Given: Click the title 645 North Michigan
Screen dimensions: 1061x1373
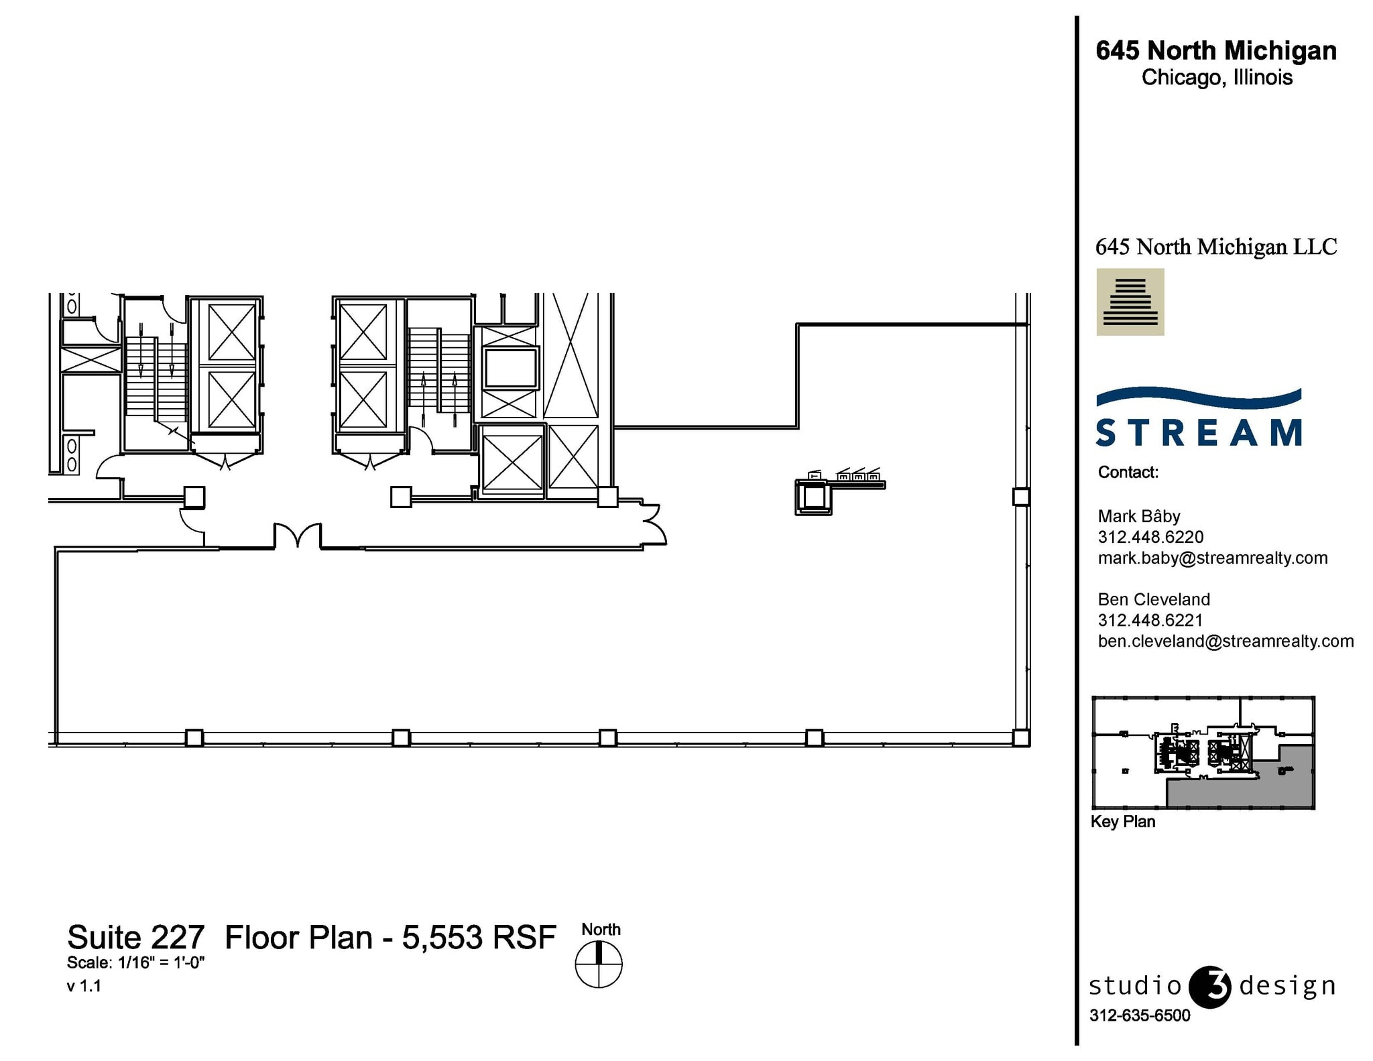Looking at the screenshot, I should [1215, 51].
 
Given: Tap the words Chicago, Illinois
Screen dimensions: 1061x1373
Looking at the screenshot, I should [1217, 78].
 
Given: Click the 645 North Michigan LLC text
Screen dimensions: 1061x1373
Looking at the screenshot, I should [1215, 247].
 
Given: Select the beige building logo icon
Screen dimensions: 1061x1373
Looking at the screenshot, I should [1130, 302].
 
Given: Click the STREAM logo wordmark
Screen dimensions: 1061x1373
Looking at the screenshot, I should [1199, 432].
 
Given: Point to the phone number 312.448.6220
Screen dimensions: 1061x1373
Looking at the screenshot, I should [1150, 537].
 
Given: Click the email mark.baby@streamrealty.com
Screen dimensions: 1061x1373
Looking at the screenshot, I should [1212, 558].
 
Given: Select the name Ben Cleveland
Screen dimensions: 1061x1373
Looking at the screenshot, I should [1154, 599].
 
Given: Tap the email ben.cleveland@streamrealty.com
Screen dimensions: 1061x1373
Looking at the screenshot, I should [1226, 641].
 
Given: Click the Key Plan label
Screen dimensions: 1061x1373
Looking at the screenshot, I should [1122, 822].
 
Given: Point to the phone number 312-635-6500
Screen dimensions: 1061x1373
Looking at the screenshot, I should [1140, 1015].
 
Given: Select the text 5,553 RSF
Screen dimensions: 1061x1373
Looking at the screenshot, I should [479, 937].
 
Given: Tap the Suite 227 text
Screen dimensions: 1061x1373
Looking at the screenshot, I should [135, 937].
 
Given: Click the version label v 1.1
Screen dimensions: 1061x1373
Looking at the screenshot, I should [84, 986].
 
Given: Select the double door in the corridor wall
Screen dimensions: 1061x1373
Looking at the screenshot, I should [298, 537].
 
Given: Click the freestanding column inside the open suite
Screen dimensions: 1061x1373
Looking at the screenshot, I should [813, 497].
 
